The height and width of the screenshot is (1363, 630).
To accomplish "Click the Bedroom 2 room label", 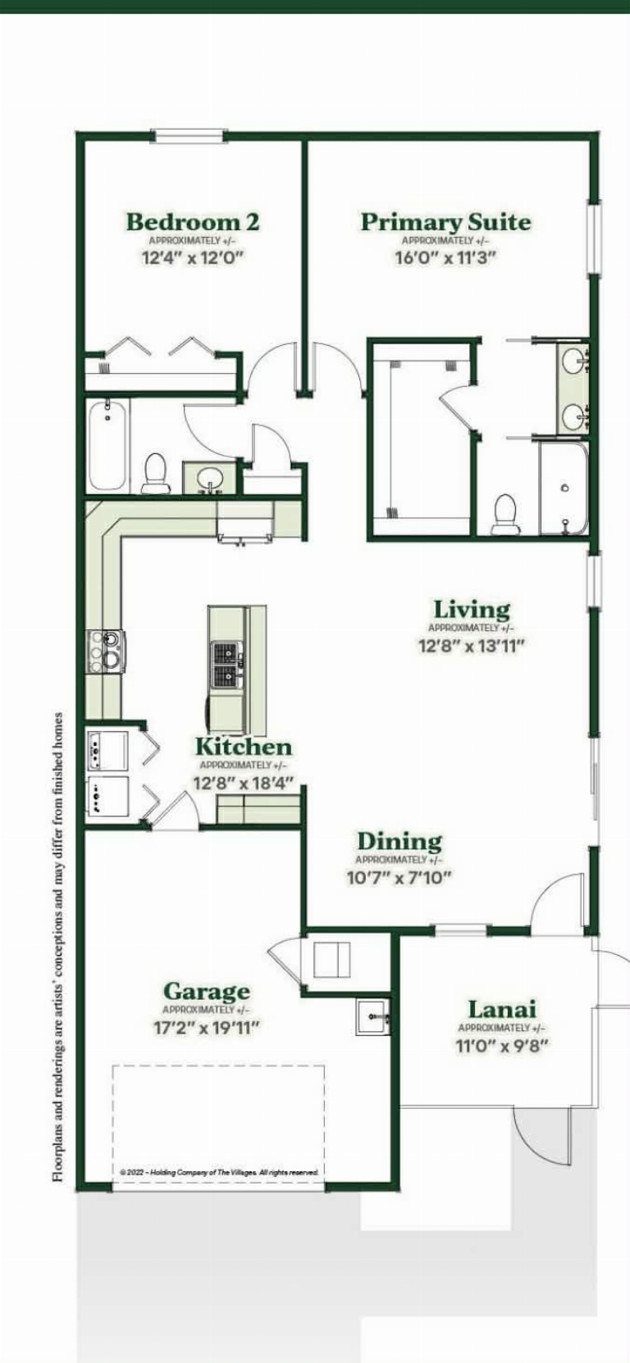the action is click(193, 221).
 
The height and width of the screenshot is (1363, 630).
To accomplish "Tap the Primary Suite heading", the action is click(445, 221).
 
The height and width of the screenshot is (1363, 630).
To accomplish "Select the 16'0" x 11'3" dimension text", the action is click(445, 257).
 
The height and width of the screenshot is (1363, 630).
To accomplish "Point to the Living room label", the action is click(472, 609).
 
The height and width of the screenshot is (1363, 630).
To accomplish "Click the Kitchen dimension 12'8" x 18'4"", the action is click(244, 783).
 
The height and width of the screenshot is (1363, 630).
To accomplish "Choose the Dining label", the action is click(399, 841).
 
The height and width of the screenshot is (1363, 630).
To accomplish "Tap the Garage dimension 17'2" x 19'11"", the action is click(207, 1028).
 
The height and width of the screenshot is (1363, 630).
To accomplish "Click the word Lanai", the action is click(502, 1010).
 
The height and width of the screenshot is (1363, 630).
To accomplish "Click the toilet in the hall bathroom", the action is click(155, 473).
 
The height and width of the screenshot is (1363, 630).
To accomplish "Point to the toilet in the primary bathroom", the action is click(504, 515).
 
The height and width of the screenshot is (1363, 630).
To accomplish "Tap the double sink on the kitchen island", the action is click(227, 665).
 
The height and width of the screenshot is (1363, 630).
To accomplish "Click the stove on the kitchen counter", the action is click(105, 652).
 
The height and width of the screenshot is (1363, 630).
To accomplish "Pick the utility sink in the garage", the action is click(373, 1017).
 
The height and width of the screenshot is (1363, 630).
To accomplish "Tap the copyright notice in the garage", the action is click(219, 1172).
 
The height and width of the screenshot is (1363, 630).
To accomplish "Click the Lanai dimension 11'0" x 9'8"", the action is click(502, 1045).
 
